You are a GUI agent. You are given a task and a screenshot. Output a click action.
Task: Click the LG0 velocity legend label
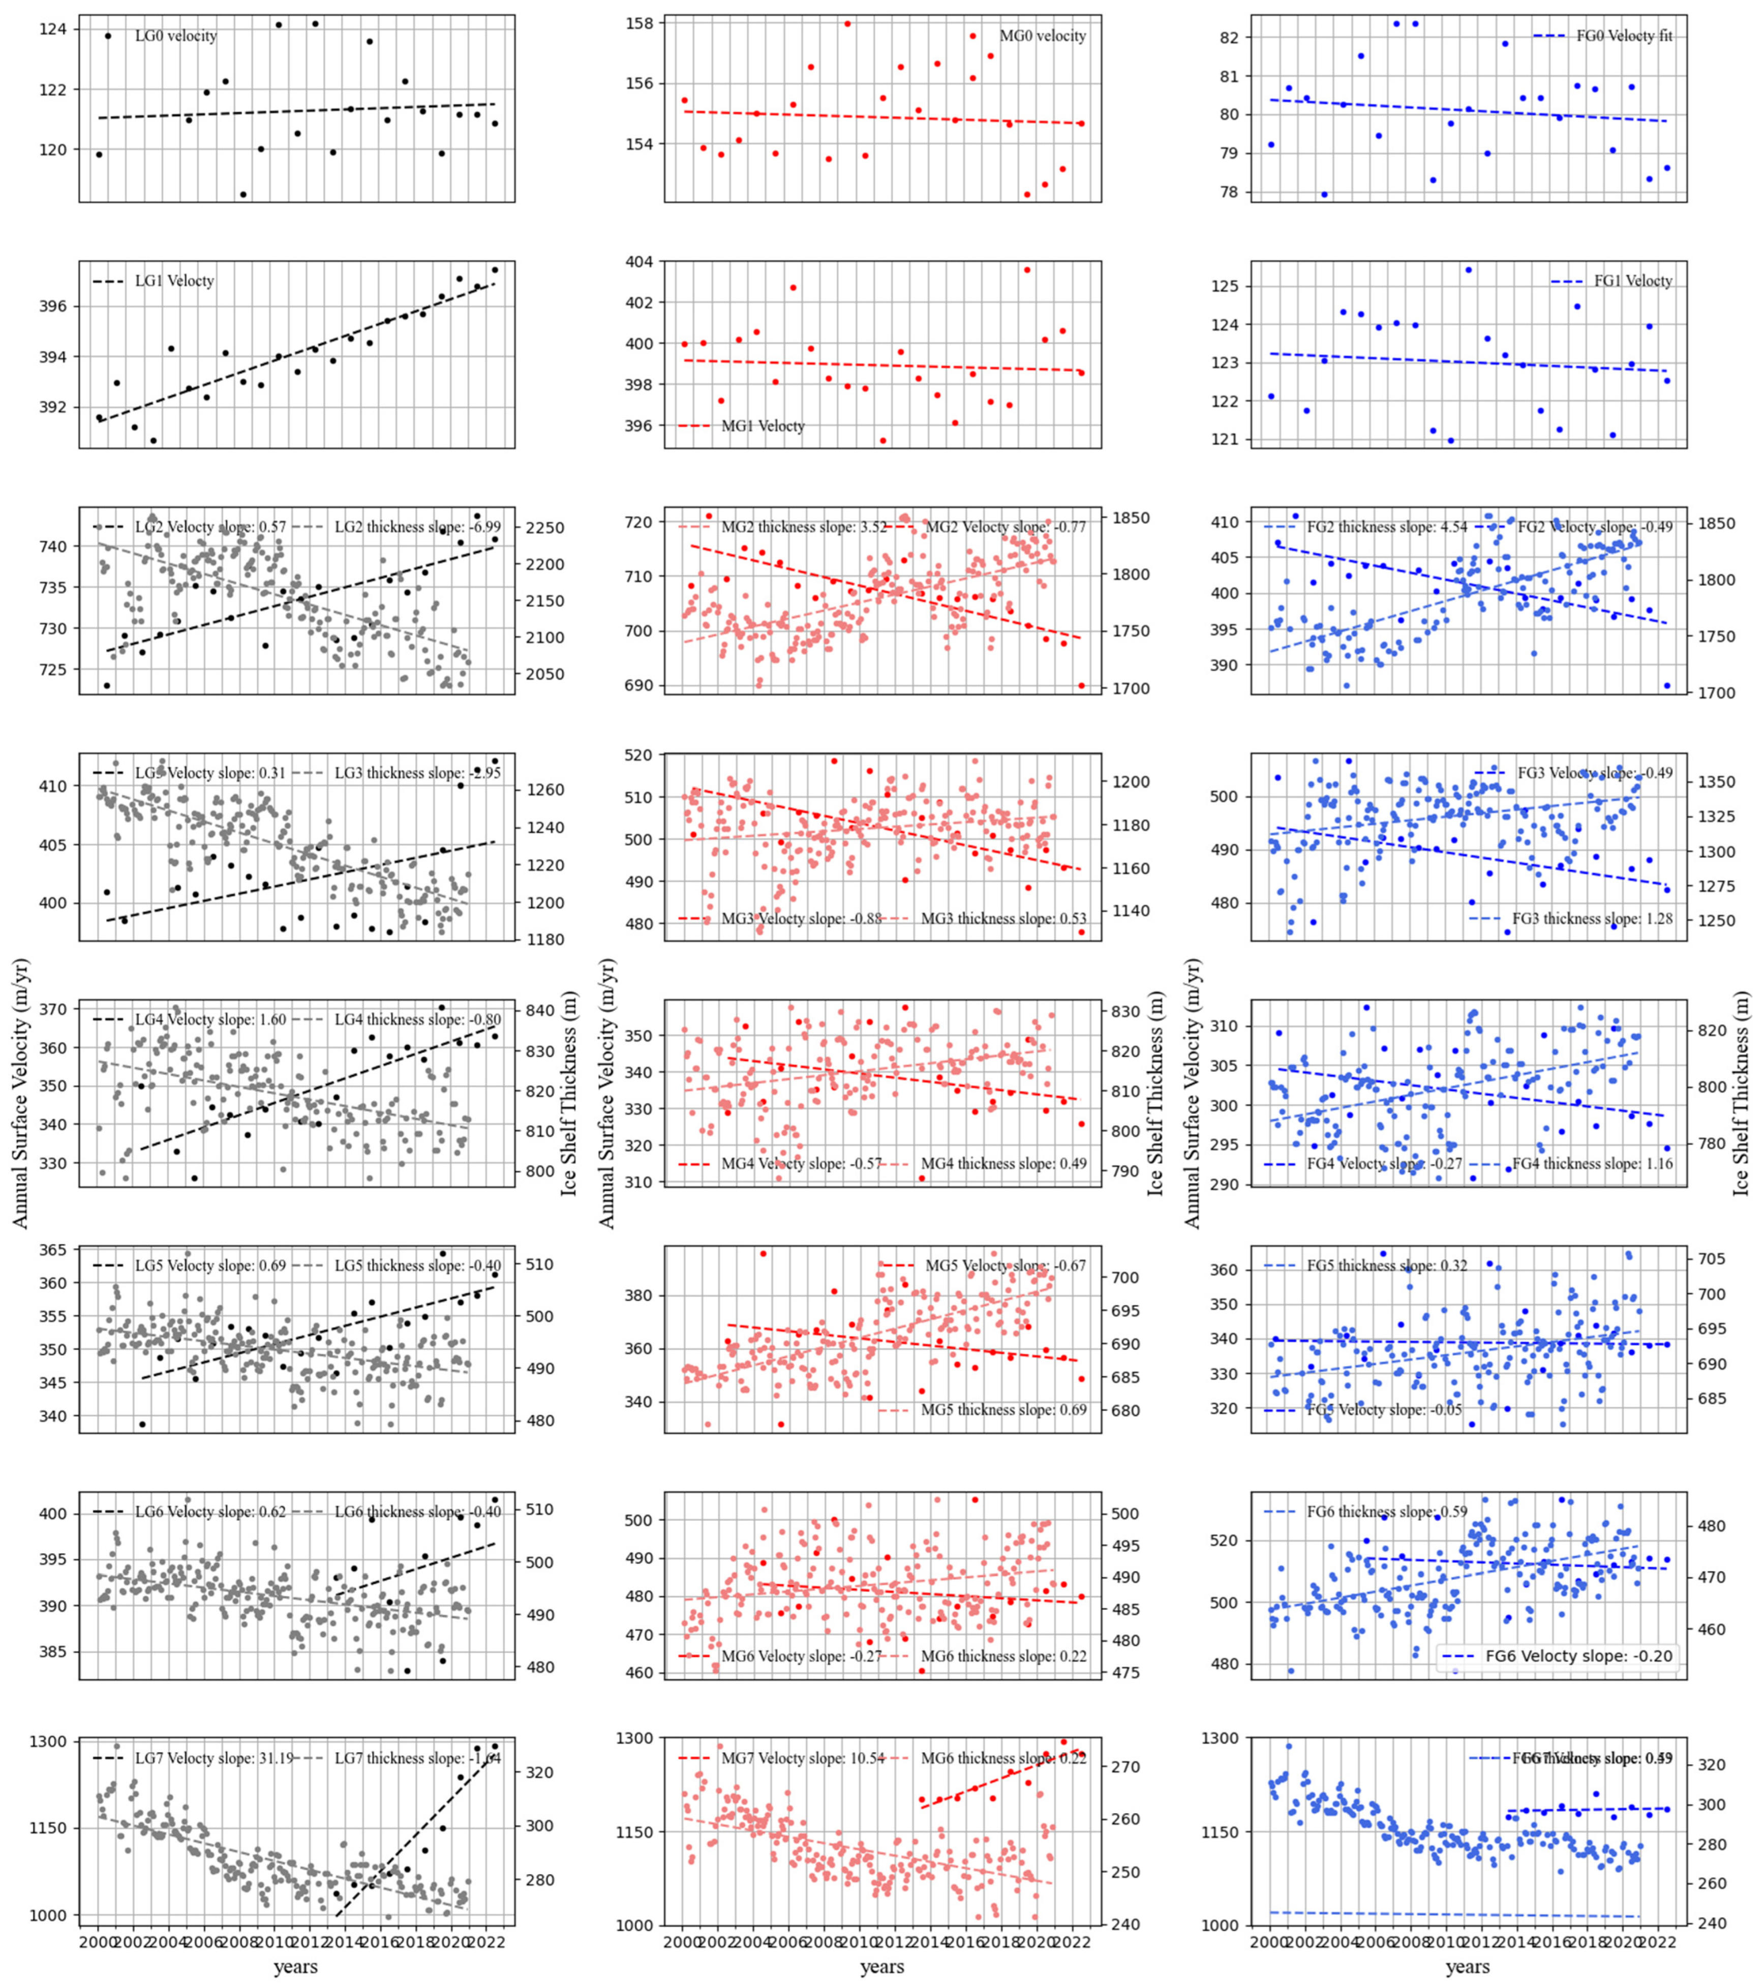(175, 36)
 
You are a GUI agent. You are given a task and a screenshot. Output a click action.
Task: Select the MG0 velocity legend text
(1043, 36)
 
